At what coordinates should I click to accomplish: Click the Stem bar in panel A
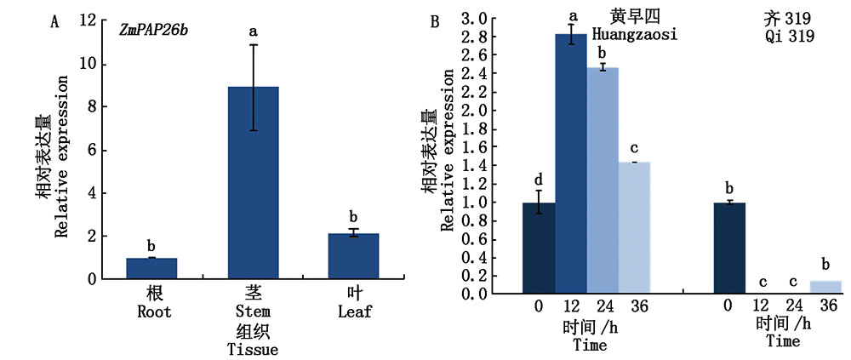(254, 182)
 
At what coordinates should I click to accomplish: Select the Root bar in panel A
(151, 268)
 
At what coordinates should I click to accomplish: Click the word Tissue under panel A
(254, 349)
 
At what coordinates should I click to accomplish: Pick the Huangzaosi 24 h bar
(603, 180)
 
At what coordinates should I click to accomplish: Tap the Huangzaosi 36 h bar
(635, 227)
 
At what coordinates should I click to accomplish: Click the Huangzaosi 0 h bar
(539, 248)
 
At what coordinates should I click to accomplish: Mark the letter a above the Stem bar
(254, 32)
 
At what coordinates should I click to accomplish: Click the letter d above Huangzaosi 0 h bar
(539, 180)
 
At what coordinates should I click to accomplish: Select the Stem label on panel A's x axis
(254, 312)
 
